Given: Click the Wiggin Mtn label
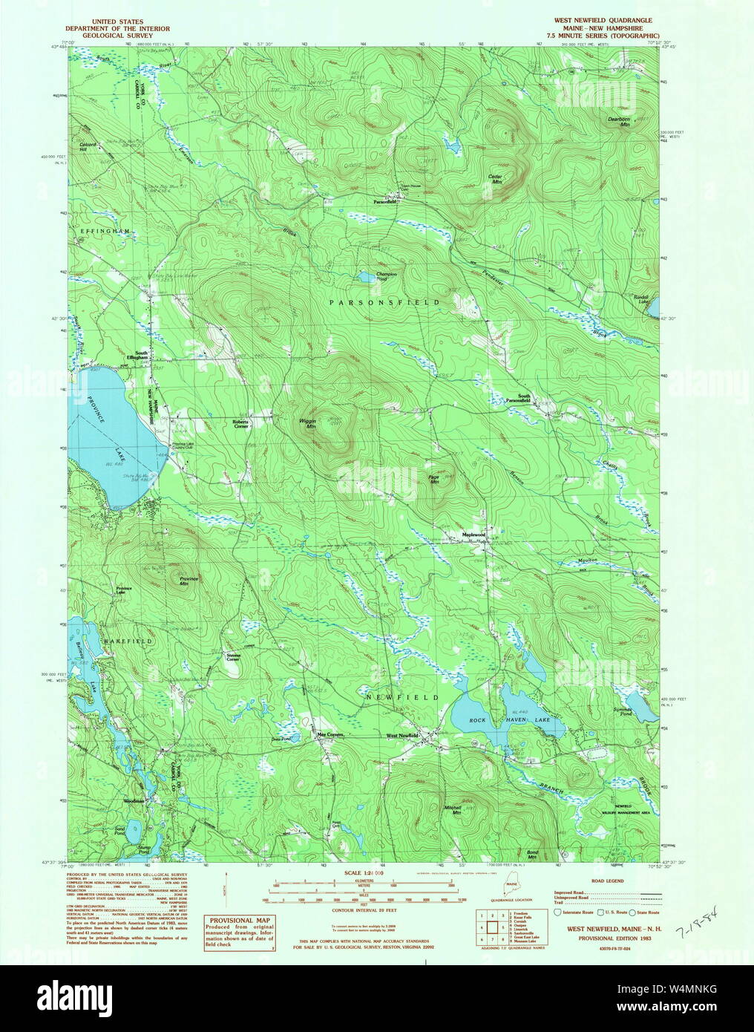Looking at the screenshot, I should [307, 425].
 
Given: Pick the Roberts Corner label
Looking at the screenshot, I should [241, 424].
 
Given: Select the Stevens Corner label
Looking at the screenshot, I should [234, 657].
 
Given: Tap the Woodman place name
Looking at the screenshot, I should [134, 802].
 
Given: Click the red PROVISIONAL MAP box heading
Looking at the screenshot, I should [239, 920].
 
